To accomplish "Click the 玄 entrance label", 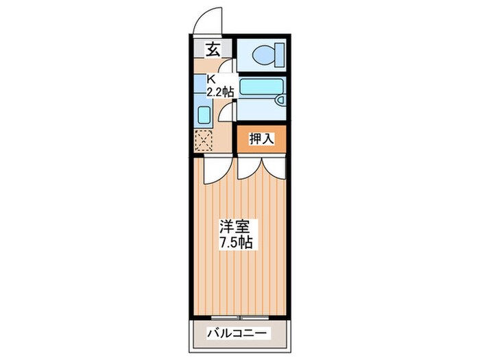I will (x=213, y=49).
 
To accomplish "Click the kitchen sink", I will (x=203, y=114).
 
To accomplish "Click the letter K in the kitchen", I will (x=211, y=79).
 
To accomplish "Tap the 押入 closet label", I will (x=261, y=139).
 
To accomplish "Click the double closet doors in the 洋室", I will (x=261, y=168).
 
